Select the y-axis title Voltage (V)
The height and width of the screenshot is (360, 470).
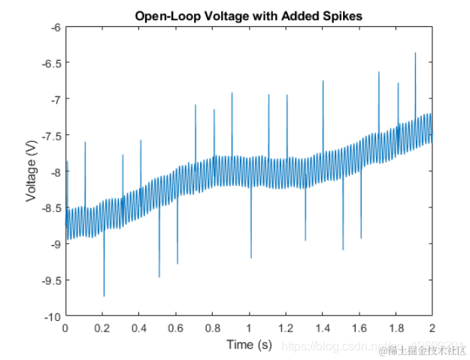click(32, 171)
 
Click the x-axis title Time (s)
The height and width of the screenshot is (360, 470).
click(249, 344)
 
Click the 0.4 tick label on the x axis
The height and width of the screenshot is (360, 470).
click(139, 328)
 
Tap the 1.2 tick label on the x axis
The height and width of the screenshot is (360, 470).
click(286, 328)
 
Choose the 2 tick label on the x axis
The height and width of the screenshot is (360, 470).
click(432, 328)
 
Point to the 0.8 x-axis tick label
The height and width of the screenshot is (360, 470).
click(212, 328)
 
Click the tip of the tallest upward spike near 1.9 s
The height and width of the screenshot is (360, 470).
click(415, 53)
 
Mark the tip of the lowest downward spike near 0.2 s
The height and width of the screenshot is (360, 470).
click(104, 296)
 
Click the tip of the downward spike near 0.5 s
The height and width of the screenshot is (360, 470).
click(159, 277)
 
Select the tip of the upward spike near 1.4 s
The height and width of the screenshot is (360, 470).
click(323, 81)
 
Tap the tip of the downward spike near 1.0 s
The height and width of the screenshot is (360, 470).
click(250, 258)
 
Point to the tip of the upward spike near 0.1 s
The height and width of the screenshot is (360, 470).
click(85, 142)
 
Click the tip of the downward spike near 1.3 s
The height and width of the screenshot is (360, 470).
click(305, 241)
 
